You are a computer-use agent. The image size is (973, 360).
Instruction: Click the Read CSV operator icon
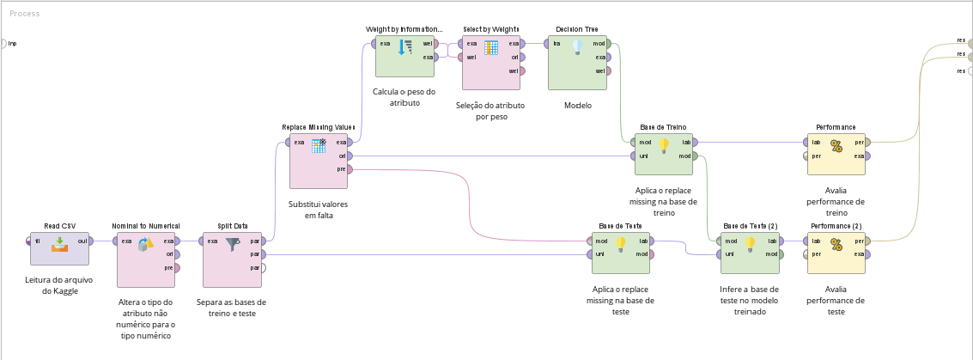pos(59,245)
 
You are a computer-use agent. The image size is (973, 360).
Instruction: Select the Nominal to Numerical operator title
pos(146,226)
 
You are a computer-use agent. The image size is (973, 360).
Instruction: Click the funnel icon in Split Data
pos(233,245)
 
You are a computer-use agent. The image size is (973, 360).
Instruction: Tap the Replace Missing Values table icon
pos(319,145)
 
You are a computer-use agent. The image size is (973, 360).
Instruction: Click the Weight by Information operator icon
pos(405,47)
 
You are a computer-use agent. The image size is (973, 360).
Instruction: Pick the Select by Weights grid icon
pos(491,47)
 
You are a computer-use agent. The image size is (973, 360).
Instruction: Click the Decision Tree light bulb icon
pos(577,47)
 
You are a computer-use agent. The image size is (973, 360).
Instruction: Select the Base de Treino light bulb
pos(663,146)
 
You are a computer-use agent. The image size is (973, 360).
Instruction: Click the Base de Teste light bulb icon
pos(620,245)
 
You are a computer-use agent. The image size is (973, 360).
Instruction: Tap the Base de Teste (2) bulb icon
pos(750,245)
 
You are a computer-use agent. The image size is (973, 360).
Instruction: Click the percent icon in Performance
pos(836,146)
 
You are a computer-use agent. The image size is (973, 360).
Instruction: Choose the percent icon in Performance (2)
pos(836,245)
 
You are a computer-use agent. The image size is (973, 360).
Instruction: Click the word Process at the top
pos(24,14)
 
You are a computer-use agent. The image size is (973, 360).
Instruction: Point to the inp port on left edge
pos(4,43)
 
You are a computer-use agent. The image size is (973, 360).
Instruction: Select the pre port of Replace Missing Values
pos(351,169)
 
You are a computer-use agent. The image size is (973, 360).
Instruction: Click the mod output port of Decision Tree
pos(610,43)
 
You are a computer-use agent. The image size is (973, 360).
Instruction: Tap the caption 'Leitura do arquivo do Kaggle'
pos(59,285)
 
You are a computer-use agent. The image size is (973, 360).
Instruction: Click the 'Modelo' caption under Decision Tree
pos(577,106)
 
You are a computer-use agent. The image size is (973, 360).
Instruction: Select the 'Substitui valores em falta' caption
pos(319,211)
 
